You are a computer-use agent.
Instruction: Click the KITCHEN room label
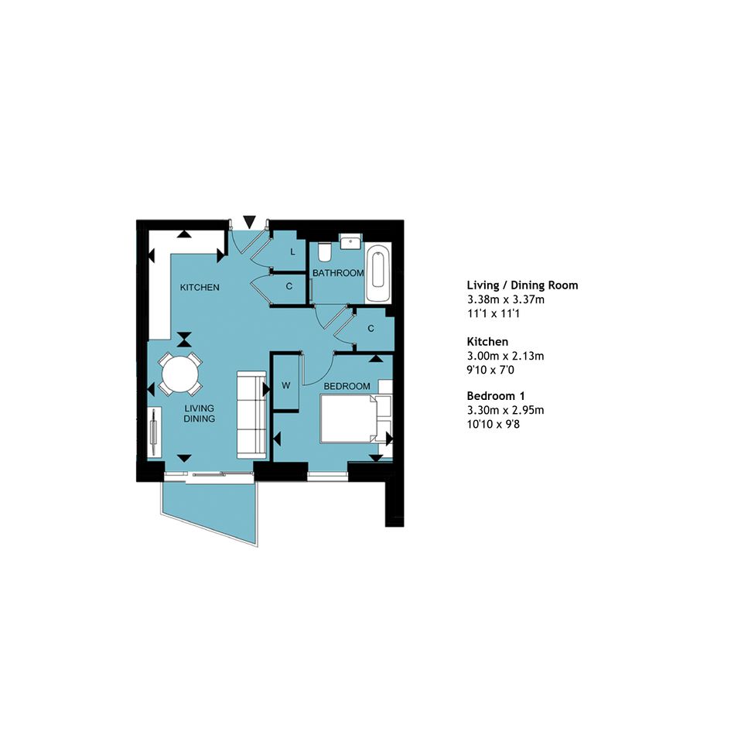coord(200,287)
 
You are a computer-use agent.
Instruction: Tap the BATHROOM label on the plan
coord(338,273)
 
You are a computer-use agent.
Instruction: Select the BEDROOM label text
coord(347,386)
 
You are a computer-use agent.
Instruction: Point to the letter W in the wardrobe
coord(285,385)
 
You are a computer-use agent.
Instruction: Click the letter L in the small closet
coord(292,252)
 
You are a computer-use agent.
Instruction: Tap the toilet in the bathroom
coord(324,251)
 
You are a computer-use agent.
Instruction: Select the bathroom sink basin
coord(350,241)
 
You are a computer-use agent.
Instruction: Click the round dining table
coord(180,374)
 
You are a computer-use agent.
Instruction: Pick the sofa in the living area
coord(251,415)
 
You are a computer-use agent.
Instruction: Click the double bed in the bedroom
coord(355,418)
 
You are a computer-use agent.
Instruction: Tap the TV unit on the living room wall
coord(154,432)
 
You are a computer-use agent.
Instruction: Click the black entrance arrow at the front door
coord(250,221)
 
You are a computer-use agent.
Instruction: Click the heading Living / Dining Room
coord(522,285)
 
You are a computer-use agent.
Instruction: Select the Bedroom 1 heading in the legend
coord(496,396)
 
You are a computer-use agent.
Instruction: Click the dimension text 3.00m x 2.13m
coord(505,356)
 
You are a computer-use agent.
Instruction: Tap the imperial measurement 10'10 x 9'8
coord(494,424)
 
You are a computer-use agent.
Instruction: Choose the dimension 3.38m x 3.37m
coord(506,299)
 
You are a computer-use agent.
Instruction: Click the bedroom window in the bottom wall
coord(328,476)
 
